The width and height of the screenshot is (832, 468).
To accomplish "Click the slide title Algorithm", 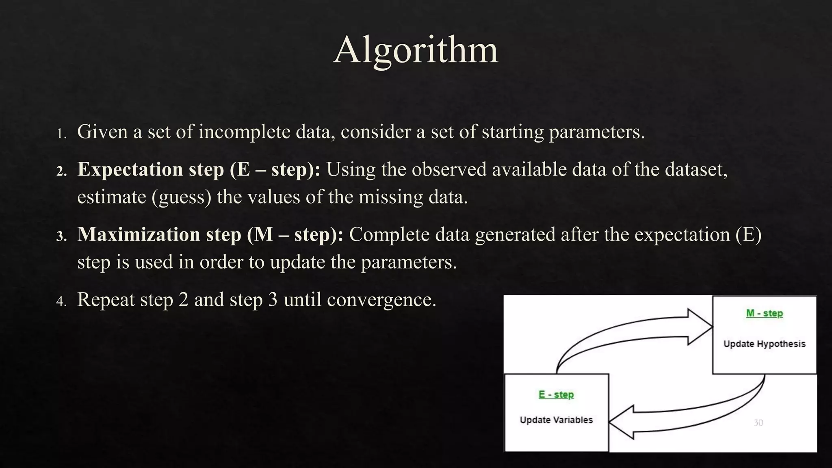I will click(416, 50).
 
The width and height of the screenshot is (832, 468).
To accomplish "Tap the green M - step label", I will click(764, 313).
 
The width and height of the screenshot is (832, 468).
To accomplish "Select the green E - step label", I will click(556, 394).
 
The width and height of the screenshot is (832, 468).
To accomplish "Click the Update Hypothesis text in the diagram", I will click(764, 344).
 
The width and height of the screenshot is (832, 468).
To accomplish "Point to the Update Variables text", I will click(556, 420).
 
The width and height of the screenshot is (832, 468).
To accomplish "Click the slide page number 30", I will click(758, 422).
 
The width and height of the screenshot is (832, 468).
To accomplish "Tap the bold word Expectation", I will click(130, 169).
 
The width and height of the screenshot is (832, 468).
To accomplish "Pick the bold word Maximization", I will click(139, 234).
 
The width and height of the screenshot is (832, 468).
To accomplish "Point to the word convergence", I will click(381, 300).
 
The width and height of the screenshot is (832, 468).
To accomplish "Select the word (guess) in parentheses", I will click(182, 197).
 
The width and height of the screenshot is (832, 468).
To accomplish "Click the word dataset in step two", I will click(696, 169).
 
